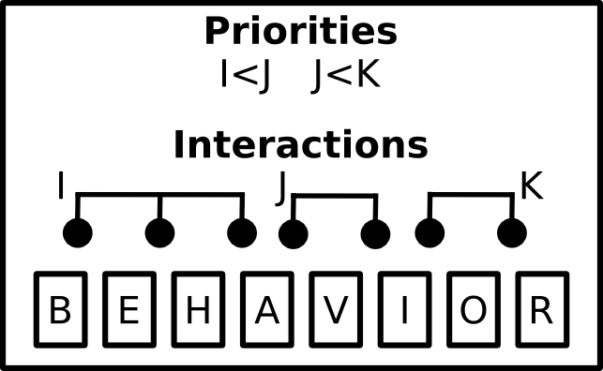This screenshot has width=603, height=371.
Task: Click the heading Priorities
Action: pos(301,31)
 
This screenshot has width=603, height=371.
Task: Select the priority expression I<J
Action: pos(246,75)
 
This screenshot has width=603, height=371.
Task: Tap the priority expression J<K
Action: pos(345,75)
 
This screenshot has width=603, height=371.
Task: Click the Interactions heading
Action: pos(301,144)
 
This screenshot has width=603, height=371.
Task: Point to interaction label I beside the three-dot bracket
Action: pos(60,185)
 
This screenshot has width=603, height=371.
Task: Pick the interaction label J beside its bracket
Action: pos(281,188)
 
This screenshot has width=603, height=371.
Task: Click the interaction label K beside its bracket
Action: pos(532,185)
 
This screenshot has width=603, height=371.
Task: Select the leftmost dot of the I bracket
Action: pos(78,232)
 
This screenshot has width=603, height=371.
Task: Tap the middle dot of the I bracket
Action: pos(160,232)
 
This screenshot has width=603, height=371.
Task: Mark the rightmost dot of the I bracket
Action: pos(242,232)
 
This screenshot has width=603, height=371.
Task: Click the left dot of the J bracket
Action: pos(294,234)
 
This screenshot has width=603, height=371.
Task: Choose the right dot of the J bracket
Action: pos(375,234)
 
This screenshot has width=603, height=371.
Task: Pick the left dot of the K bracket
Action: pos(430,232)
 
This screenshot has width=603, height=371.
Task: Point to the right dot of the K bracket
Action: pos(512,232)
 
